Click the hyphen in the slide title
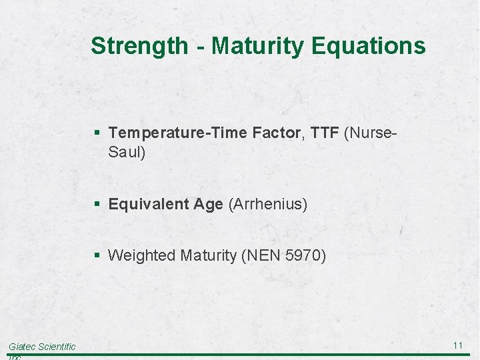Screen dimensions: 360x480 [x=199, y=47]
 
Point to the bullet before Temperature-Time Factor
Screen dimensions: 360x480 [x=98, y=133]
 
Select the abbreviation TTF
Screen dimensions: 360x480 [x=325, y=133]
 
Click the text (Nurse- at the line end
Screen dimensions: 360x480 [x=371, y=133]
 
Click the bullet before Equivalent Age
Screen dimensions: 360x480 [x=98, y=204]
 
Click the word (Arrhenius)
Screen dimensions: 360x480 [x=268, y=204]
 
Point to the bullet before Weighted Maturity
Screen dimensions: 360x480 [x=98, y=255]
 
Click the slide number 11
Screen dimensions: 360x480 [x=458, y=345]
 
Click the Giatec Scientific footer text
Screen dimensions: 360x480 [x=42, y=346]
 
